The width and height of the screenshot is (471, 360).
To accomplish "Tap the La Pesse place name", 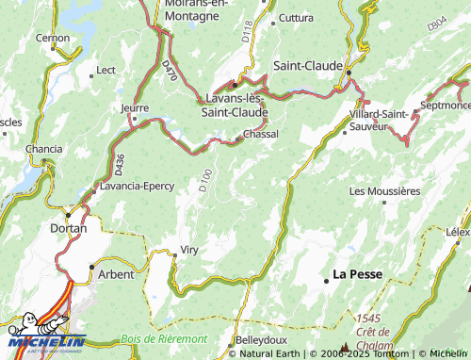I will point(357,275).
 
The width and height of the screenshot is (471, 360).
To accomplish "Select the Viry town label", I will point(189,252).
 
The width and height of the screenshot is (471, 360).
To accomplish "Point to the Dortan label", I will point(68,228).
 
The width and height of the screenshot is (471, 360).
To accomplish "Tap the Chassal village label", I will point(261,135).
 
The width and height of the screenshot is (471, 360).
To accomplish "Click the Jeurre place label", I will point(136,107).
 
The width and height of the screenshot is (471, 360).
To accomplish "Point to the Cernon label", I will point(53,38).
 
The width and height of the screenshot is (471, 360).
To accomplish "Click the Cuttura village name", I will point(296,18).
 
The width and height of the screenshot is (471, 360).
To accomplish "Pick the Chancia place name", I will point(44,150).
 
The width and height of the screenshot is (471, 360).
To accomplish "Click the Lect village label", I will point(106,71).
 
